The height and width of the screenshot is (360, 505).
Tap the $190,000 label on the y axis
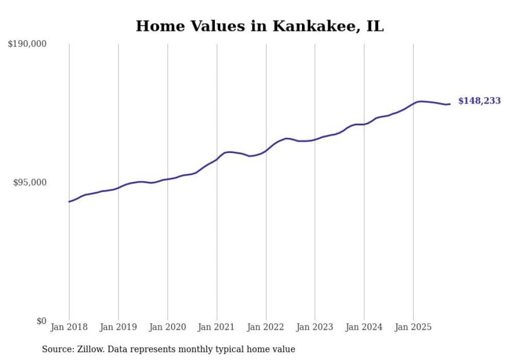[27, 44]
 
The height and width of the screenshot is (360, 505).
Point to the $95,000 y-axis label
[30, 182]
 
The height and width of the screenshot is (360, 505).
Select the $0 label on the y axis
[41, 321]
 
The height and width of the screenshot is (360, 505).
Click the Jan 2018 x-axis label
[69, 327]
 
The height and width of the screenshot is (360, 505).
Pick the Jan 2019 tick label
[118, 327]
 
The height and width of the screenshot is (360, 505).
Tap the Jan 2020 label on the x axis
[167, 327]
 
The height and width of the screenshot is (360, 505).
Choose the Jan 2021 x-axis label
[216, 327]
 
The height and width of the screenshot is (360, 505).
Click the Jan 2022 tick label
[266, 327]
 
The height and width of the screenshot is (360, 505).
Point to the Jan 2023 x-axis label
[315, 327]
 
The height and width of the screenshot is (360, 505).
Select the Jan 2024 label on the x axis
[364, 327]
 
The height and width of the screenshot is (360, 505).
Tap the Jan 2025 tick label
[413, 327]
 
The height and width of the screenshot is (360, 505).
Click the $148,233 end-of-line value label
[479, 101]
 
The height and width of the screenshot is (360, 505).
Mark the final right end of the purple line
[450, 104]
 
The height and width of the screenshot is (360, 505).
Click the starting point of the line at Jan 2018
[69, 201]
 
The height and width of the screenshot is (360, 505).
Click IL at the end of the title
[375, 26]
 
